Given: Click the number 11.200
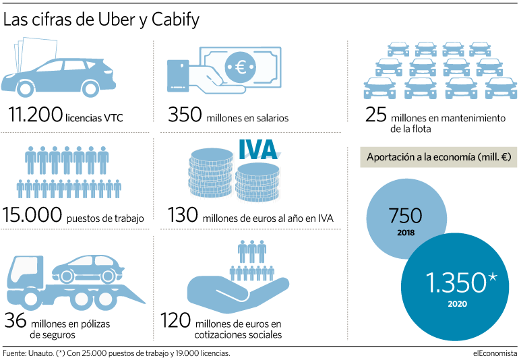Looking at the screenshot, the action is (35, 114).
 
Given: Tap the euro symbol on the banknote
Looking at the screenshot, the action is (241, 67).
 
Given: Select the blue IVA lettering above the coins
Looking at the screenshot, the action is (258, 150).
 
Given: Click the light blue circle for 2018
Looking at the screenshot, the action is (406, 219).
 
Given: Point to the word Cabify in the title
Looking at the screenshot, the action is (175, 20).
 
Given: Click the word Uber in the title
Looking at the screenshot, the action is (117, 20).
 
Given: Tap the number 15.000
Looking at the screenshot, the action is (32, 214).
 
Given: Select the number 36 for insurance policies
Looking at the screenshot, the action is (16, 320).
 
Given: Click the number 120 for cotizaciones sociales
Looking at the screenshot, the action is (175, 320).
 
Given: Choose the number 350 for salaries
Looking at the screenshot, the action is (185, 114).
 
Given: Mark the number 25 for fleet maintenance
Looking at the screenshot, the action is (375, 114).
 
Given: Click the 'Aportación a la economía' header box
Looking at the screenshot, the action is (439, 157).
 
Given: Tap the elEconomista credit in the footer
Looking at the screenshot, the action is (495, 353).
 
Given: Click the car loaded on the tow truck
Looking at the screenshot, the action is (88, 269).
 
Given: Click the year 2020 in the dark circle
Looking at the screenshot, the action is (458, 303).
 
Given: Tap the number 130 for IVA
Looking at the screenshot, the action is (183, 214).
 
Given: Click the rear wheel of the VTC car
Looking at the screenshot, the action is (90, 88).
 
